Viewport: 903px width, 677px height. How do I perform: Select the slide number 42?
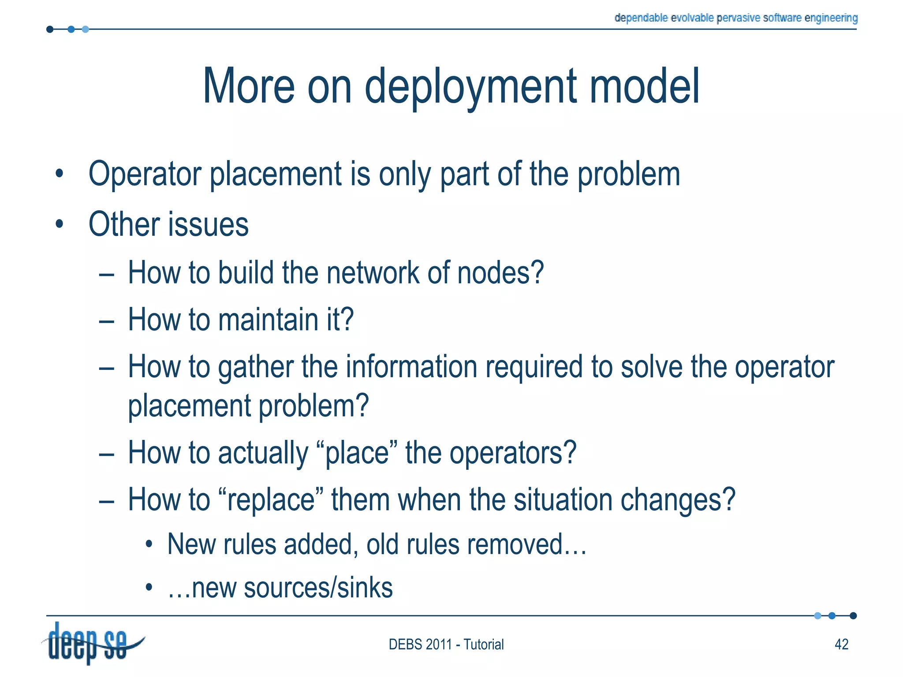[841, 644]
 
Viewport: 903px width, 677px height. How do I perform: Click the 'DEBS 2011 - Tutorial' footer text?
[446, 644]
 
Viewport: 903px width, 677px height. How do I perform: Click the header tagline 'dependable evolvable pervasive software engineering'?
[736, 18]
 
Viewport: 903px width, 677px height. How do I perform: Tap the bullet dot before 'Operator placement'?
[60, 174]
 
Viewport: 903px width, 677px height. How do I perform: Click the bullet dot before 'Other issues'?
[60, 224]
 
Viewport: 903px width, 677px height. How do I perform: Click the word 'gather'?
[256, 367]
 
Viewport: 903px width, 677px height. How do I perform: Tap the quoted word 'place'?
[357, 453]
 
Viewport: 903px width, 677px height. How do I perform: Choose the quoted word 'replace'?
[271, 500]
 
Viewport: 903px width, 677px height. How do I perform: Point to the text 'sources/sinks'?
[318, 588]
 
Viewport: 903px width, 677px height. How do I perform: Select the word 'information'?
[411, 366]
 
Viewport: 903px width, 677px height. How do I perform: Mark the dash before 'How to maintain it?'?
[107, 321]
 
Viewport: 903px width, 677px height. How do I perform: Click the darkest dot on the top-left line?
[50, 30]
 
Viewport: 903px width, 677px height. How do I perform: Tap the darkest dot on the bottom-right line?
[853, 616]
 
